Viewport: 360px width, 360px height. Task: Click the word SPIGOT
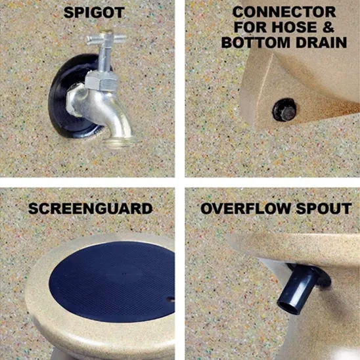[x=94, y=12]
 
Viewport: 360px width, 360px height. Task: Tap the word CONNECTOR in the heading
[x=284, y=12]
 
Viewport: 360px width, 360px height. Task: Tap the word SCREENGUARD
[x=90, y=208]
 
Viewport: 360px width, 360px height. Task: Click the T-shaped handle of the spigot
[x=106, y=39]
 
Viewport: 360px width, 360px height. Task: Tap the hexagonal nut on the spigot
[x=102, y=79]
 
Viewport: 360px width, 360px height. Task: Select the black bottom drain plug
[x=284, y=110]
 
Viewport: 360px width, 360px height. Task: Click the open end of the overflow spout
[x=289, y=307]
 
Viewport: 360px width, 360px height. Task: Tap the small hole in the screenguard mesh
[x=171, y=299]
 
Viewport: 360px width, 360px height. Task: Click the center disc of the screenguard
[x=124, y=273]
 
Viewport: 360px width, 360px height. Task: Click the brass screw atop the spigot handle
[x=108, y=30]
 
